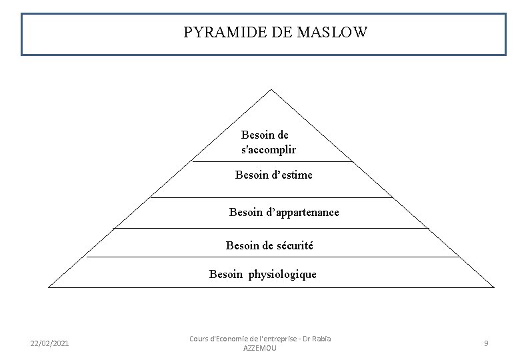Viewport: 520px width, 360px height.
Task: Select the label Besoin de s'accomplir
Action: [268, 142]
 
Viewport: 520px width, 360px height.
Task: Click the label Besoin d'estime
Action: [273, 175]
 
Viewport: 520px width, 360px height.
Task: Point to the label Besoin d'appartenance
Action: [284, 212]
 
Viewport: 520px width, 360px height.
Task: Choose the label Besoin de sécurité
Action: [269, 245]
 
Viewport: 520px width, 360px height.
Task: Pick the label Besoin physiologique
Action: [263, 274]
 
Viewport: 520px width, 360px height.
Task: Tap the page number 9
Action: [486, 343]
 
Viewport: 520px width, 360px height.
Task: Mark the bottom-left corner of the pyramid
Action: [49, 287]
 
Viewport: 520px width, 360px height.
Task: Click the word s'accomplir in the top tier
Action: [268, 150]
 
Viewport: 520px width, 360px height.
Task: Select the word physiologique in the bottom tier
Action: [283, 274]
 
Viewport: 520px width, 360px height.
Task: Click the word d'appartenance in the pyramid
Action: [303, 212]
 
